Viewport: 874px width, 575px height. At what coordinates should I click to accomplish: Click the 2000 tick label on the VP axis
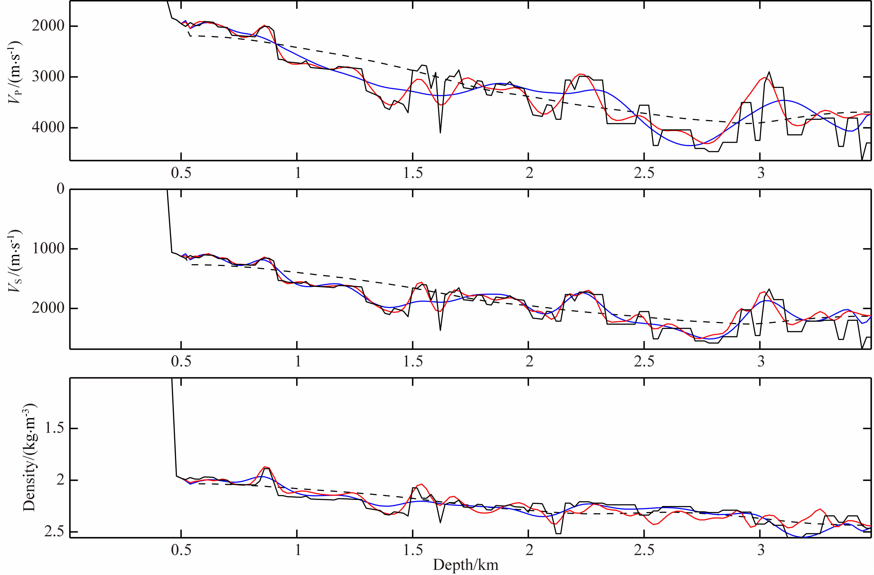coord(48,26)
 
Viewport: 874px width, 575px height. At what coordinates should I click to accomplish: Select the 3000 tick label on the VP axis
coord(48,77)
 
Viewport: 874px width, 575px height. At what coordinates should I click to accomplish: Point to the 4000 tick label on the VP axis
coord(48,128)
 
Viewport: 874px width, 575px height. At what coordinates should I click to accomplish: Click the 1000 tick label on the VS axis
coord(48,249)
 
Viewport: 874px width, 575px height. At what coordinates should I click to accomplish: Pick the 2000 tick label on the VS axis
coord(48,308)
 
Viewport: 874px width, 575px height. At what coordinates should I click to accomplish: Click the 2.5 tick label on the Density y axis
coord(54,532)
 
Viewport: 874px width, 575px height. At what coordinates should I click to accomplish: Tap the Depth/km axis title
coord(466,565)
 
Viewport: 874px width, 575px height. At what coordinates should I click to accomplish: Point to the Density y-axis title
coord(29,457)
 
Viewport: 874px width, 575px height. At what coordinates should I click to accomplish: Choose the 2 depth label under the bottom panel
coord(529,550)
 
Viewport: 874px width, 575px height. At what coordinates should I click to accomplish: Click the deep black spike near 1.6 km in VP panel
coord(440,132)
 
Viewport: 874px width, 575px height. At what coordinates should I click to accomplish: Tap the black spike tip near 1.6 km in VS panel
coord(440,330)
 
